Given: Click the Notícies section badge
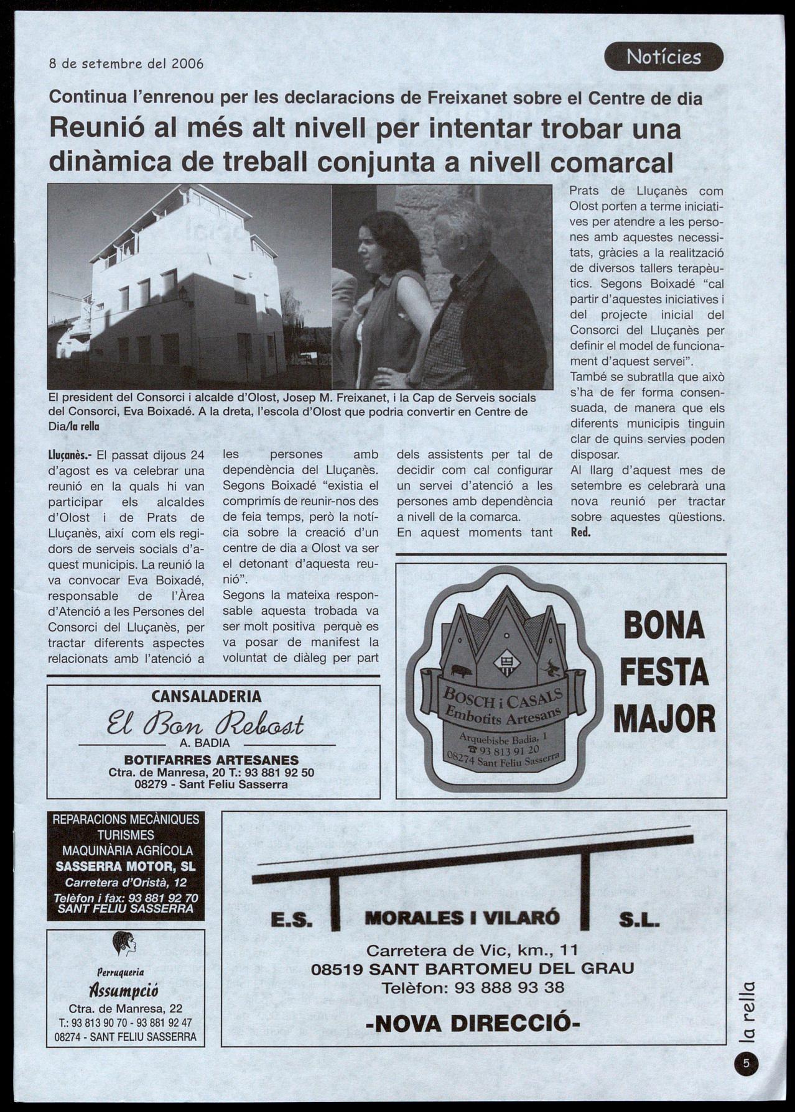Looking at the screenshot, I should [x=663, y=57].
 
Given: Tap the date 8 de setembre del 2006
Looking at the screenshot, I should [x=126, y=63].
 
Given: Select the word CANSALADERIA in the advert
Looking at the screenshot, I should [x=207, y=697].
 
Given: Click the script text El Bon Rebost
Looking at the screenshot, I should [x=206, y=724].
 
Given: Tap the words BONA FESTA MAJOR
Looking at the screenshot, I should [x=664, y=673].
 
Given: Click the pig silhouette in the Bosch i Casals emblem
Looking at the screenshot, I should [x=461, y=671].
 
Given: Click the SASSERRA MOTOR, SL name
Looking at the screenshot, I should [x=126, y=866].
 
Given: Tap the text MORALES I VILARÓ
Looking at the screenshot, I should [x=462, y=917].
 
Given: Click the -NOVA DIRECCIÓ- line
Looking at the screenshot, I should [x=473, y=1022].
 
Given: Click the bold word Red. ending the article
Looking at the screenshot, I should [x=580, y=533].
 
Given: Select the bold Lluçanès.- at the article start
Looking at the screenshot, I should [x=71, y=456].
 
